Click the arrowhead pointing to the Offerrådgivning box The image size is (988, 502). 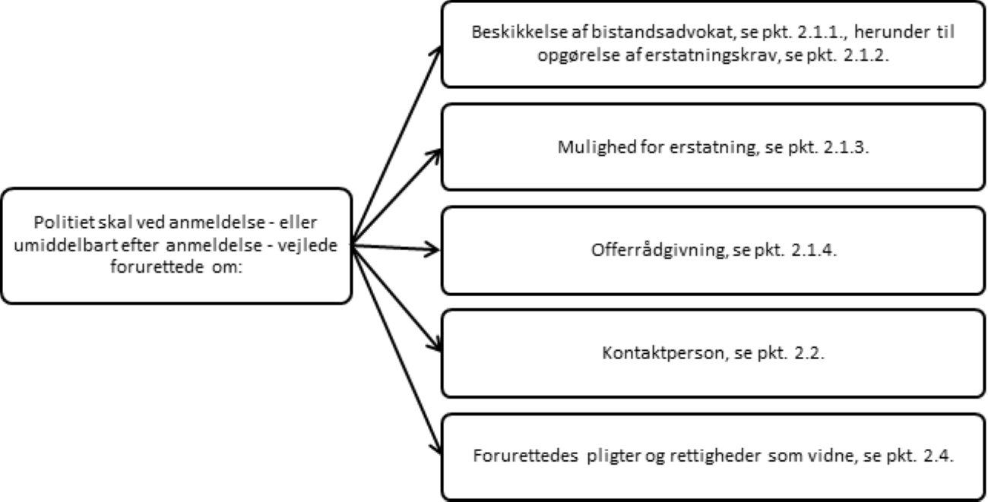435,248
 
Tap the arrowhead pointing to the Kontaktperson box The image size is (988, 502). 435,346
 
